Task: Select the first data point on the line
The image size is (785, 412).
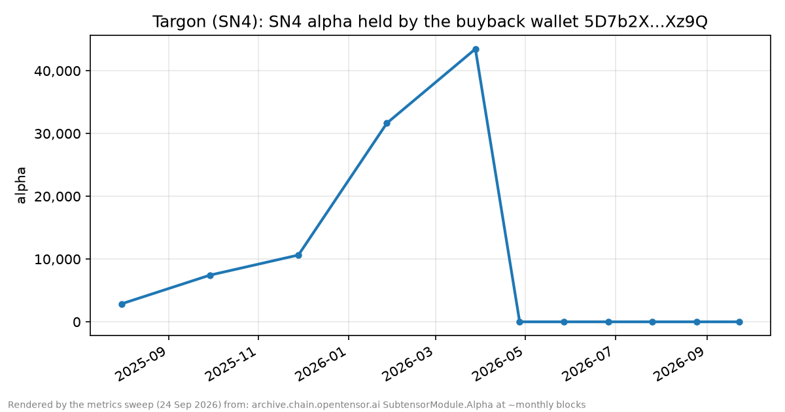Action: tap(122, 304)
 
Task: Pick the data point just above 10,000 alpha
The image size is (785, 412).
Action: tap(298, 256)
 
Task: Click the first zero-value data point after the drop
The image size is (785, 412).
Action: tap(519, 322)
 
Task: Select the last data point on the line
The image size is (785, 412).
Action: tap(739, 322)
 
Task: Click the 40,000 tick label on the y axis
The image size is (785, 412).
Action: tap(58, 71)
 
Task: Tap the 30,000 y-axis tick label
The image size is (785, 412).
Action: tap(58, 134)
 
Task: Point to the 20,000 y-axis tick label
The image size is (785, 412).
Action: tap(58, 197)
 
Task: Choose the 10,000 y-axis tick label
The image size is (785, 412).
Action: tap(58, 259)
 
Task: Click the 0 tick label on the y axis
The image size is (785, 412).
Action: tap(77, 322)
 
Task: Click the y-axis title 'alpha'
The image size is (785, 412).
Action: tap(22, 185)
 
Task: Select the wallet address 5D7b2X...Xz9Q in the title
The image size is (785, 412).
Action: tap(646, 22)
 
